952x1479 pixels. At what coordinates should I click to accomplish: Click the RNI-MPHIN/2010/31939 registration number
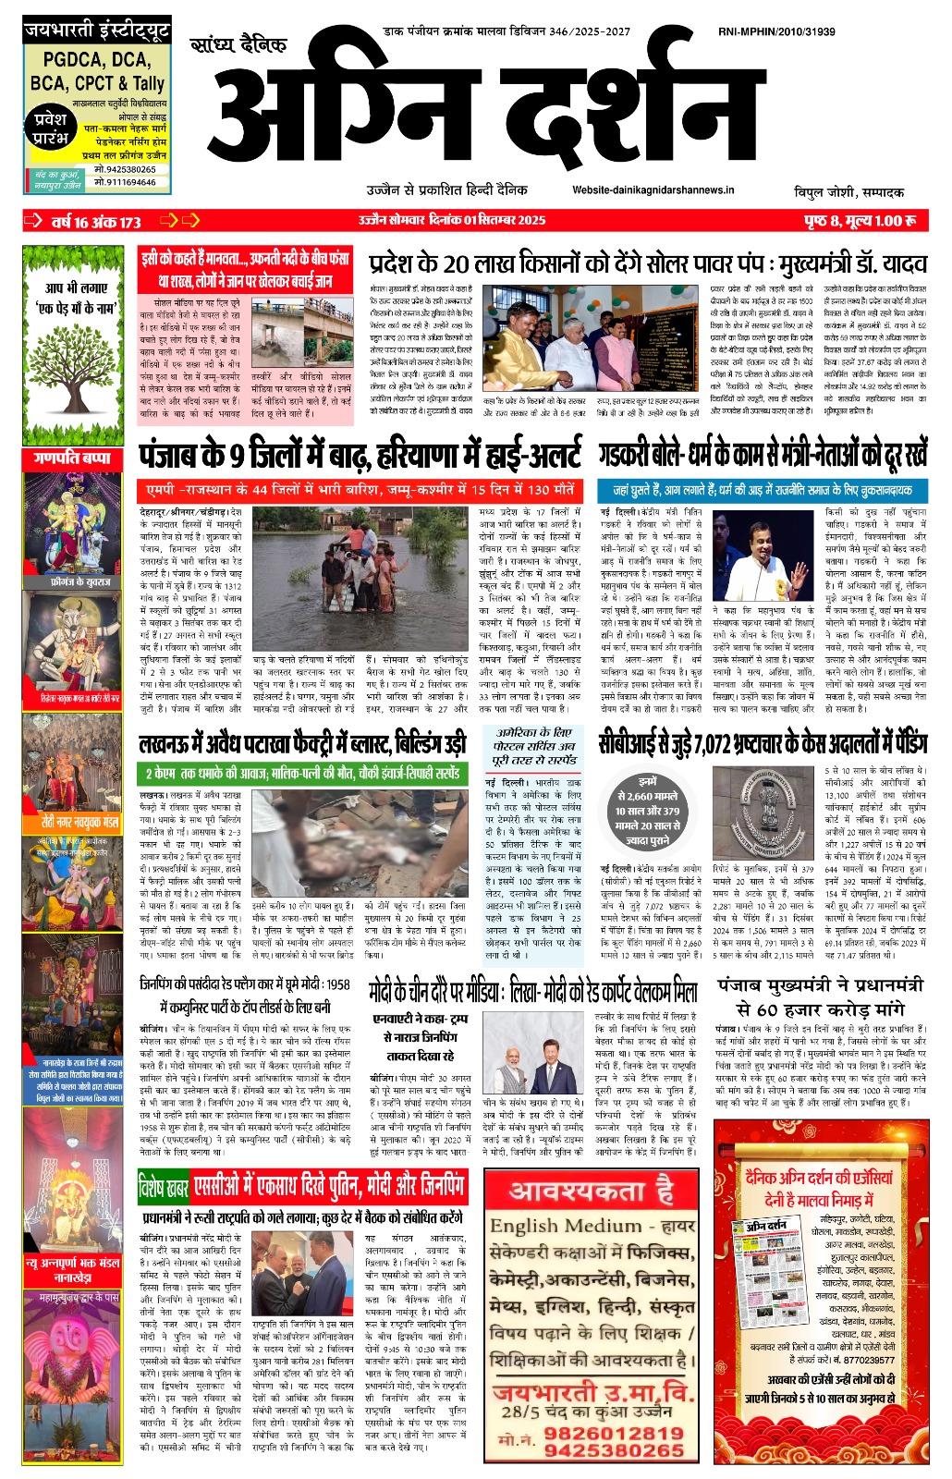(x=775, y=31)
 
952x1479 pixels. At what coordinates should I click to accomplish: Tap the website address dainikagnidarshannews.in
(x=653, y=189)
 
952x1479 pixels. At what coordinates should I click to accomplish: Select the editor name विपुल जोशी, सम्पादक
(x=848, y=192)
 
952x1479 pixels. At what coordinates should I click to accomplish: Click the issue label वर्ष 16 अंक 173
(x=96, y=222)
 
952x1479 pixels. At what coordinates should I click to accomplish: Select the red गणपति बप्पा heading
(x=72, y=458)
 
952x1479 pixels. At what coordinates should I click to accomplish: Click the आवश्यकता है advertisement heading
(x=592, y=1191)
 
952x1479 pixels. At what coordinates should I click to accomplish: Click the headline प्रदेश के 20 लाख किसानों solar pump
(x=647, y=264)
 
